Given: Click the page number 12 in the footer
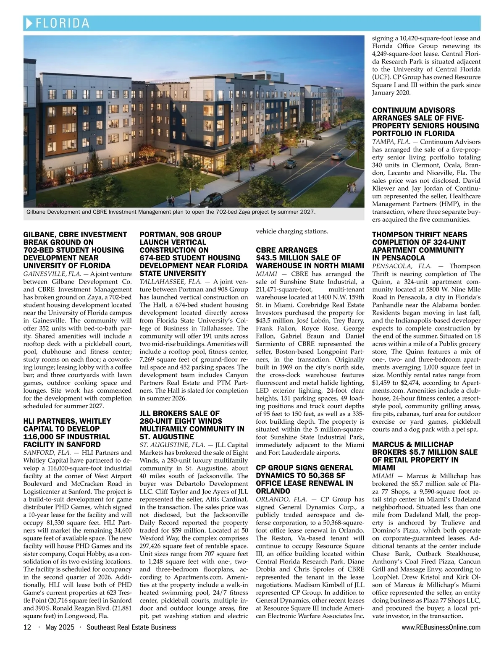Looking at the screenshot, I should (x=27, y=627).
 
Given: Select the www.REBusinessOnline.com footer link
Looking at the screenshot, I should (x=441, y=627).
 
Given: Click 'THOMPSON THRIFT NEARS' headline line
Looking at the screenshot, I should (x=419, y=235).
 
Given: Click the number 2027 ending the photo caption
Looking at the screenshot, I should (x=307, y=212).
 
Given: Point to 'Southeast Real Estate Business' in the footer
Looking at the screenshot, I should (x=131, y=627).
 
